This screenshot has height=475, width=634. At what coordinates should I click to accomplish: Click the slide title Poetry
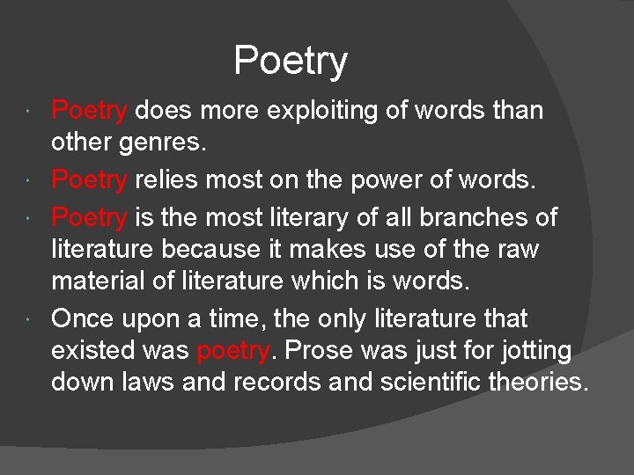(291, 61)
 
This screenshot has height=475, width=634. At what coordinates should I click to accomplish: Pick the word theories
(536, 383)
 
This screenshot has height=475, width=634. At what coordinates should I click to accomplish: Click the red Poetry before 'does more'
(89, 111)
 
